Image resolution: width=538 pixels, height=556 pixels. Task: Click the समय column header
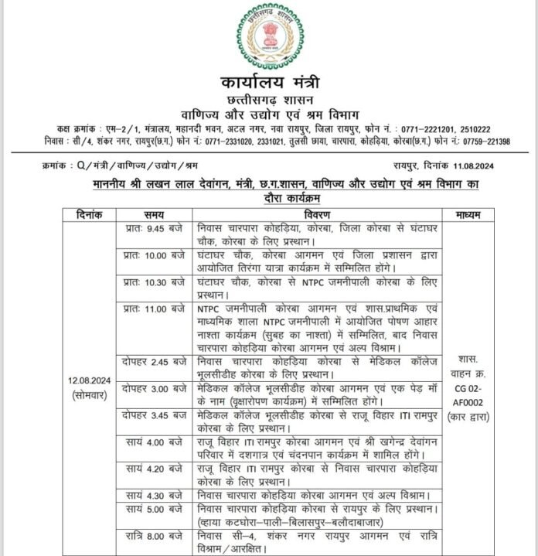pos(153,213)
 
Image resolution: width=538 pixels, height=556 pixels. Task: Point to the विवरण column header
pos(308,213)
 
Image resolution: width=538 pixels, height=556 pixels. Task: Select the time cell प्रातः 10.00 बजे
pos(152,254)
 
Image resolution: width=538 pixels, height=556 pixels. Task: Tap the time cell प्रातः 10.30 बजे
pos(152,281)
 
